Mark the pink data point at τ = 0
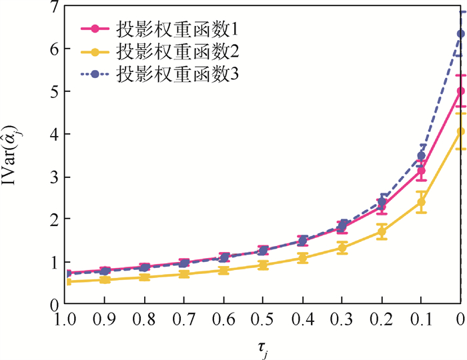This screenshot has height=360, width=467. point(460,92)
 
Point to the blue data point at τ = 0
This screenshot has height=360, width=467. point(460,34)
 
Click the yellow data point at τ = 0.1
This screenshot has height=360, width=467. point(421,202)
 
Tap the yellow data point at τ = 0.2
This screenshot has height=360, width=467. point(382,232)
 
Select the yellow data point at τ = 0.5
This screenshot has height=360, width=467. point(264,265)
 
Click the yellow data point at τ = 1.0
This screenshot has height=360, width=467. point(68,281)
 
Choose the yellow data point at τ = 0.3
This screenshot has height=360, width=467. point(342,248)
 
